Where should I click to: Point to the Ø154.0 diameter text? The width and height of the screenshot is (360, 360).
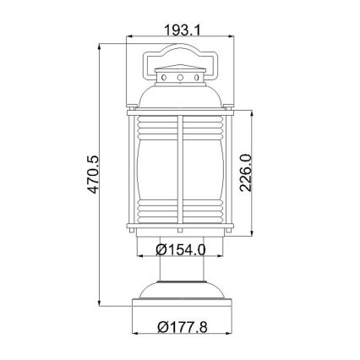point(182,249)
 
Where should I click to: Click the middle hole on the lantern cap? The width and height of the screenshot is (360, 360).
point(180,78)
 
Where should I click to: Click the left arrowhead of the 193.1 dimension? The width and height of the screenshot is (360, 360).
point(128,38)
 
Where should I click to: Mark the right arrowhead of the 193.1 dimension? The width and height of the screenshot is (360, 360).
point(232,38)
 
